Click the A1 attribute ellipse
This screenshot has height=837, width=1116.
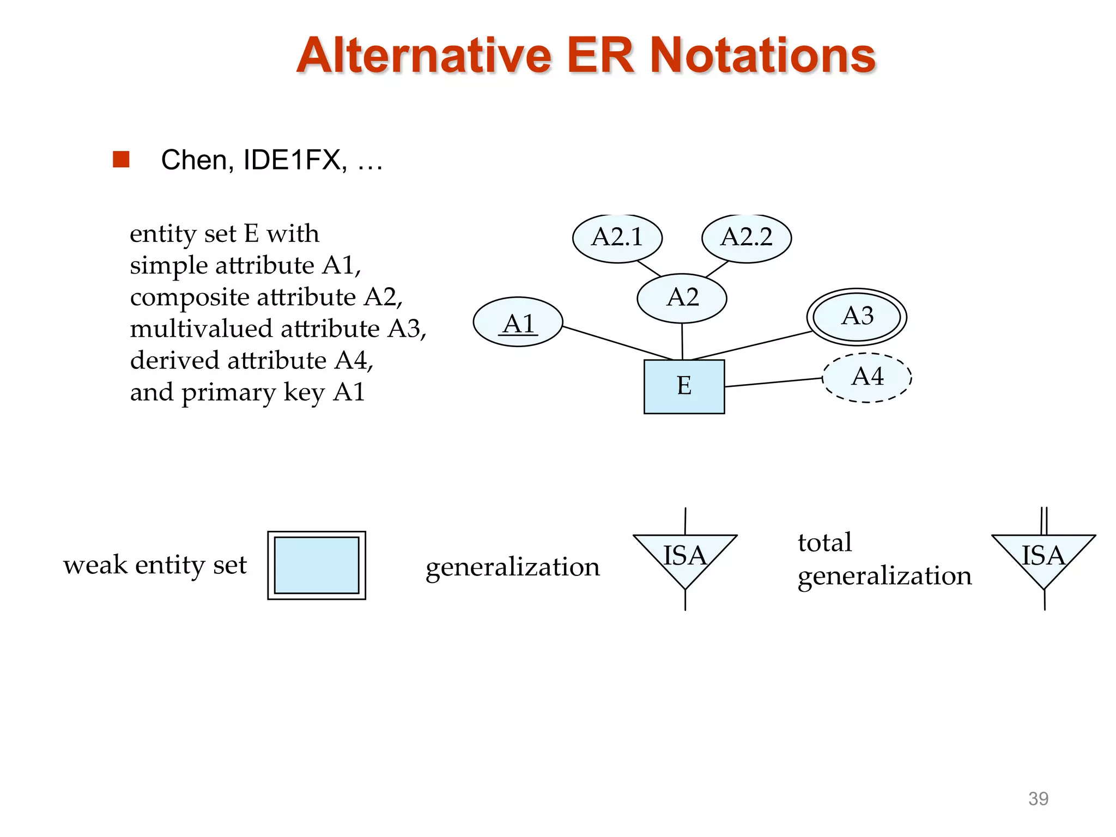click(518, 322)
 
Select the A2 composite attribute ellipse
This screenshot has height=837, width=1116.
click(682, 298)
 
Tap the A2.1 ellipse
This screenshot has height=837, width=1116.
click(617, 238)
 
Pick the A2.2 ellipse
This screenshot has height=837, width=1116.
click(747, 238)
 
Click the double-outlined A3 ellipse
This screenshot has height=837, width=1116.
click(857, 317)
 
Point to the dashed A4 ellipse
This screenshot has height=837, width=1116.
click(867, 378)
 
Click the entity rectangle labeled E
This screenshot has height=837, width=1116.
click(684, 386)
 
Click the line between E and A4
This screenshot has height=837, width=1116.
click(774, 382)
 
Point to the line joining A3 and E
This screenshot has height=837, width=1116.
click(752, 345)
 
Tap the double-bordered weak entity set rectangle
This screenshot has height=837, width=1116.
click(317, 565)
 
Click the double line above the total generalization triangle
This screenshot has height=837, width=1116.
click(1044, 520)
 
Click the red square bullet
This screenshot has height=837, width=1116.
click(121, 159)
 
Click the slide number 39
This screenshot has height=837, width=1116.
click(1038, 798)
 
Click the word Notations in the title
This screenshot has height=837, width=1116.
click(763, 56)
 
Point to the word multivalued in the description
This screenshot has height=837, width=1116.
click(201, 329)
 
